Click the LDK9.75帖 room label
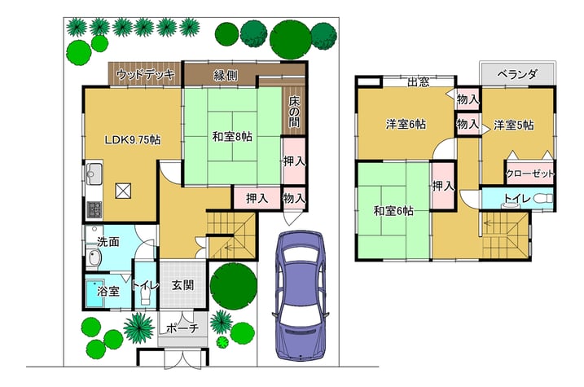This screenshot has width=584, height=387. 132,140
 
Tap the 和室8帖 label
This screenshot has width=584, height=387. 232,137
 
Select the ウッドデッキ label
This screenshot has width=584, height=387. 145,74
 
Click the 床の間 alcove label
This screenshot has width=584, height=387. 294,112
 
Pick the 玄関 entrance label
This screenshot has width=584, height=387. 183,285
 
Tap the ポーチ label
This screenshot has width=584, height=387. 182,328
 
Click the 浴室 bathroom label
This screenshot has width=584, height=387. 108,291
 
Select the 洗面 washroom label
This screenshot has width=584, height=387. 108,242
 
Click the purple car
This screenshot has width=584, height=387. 301,296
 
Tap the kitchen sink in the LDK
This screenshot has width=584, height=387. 94,174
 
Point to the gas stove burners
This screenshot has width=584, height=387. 94,209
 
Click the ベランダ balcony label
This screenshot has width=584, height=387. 517,74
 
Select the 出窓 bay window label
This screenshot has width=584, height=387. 419,82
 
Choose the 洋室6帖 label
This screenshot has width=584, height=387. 406,124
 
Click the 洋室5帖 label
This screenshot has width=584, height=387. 514,125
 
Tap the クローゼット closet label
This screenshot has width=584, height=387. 530,174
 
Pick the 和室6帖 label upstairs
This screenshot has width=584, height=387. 393,211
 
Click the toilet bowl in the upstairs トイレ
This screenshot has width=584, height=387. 543,199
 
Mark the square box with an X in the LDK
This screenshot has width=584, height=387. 123,191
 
